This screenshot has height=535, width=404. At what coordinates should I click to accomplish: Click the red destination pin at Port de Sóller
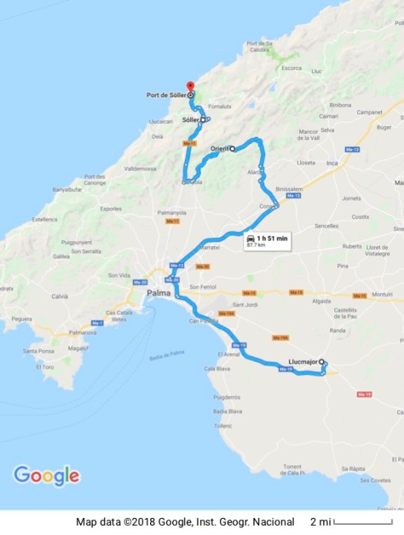[190, 85]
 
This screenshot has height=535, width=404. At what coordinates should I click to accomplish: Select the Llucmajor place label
[302, 360]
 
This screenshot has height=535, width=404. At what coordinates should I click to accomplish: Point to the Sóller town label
[190, 120]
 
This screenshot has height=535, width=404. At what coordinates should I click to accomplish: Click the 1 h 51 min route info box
[267, 242]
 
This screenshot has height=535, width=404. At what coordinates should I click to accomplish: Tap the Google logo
[46, 475]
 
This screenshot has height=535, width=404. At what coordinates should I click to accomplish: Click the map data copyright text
[185, 522]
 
